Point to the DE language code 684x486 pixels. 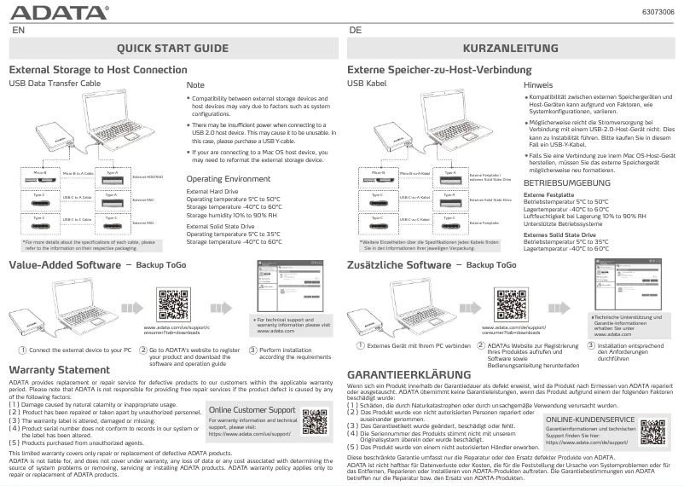tap(355, 30)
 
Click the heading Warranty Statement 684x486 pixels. tap(59, 369)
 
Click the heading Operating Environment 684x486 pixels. tap(228, 179)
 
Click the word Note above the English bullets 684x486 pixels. tap(195, 86)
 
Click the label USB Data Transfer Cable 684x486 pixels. tap(55, 84)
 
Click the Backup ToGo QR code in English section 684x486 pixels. tap(173, 304)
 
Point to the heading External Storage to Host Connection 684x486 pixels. tap(98, 69)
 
